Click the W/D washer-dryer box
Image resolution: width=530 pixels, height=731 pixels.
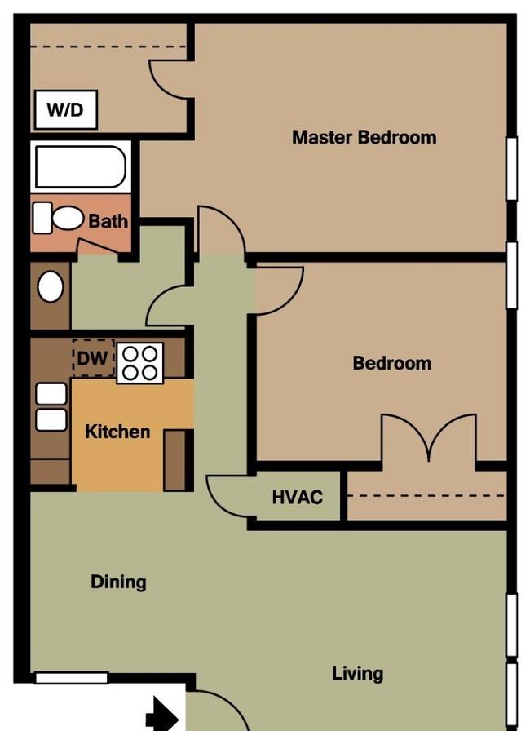[66, 109]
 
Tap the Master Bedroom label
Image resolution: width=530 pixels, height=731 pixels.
[364, 137]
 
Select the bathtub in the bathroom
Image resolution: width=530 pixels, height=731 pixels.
[81, 167]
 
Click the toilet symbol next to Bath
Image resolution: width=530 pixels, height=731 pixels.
[58, 218]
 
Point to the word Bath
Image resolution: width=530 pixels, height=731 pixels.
[108, 220]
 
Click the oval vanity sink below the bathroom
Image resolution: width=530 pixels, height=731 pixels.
[51, 286]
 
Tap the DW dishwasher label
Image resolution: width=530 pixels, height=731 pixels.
[92, 358]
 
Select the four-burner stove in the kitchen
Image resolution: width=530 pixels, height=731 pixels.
[139, 363]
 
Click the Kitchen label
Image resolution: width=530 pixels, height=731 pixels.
[117, 432]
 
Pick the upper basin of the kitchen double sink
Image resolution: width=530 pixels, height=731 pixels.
[51, 394]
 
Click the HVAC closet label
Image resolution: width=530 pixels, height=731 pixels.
[297, 498]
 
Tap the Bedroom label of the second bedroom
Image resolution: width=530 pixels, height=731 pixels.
[391, 363]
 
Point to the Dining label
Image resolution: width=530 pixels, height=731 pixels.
[118, 582]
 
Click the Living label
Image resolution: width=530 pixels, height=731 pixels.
[358, 674]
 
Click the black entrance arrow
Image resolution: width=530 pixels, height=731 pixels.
[162, 714]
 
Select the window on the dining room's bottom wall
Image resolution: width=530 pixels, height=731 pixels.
[71, 678]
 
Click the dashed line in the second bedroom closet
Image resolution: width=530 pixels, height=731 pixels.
[426, 495]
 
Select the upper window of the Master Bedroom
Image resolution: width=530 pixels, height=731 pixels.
[511, 168]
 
